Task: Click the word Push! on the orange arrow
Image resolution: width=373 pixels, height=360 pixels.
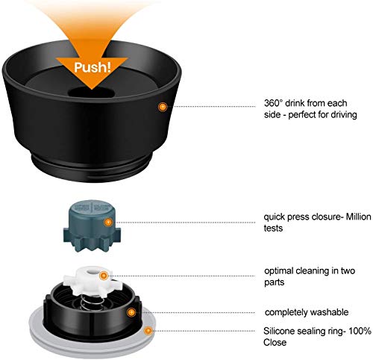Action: pyautogui.click(x=93, y=67)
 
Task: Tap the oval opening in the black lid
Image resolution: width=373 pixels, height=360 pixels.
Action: pyautogui.click(x=91, y=93)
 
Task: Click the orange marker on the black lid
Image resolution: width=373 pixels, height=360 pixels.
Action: pyautogui.click(x=162, y=107)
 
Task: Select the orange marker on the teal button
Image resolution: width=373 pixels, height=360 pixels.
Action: pyautogui.click(x=108, y=223)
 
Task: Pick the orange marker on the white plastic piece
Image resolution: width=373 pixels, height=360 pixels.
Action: pyautogui.click(x=103, y=276)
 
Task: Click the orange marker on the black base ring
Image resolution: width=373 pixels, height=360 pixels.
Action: pyautogui.click(x=131, y=312)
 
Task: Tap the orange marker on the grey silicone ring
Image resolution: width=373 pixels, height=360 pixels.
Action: pyautogui.click(x=148, y=331)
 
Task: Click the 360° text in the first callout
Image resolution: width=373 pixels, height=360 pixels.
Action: pyautogui.click(x=273, y=103)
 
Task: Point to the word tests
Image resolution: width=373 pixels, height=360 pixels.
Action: pyautogui.click(x=273, y=229)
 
